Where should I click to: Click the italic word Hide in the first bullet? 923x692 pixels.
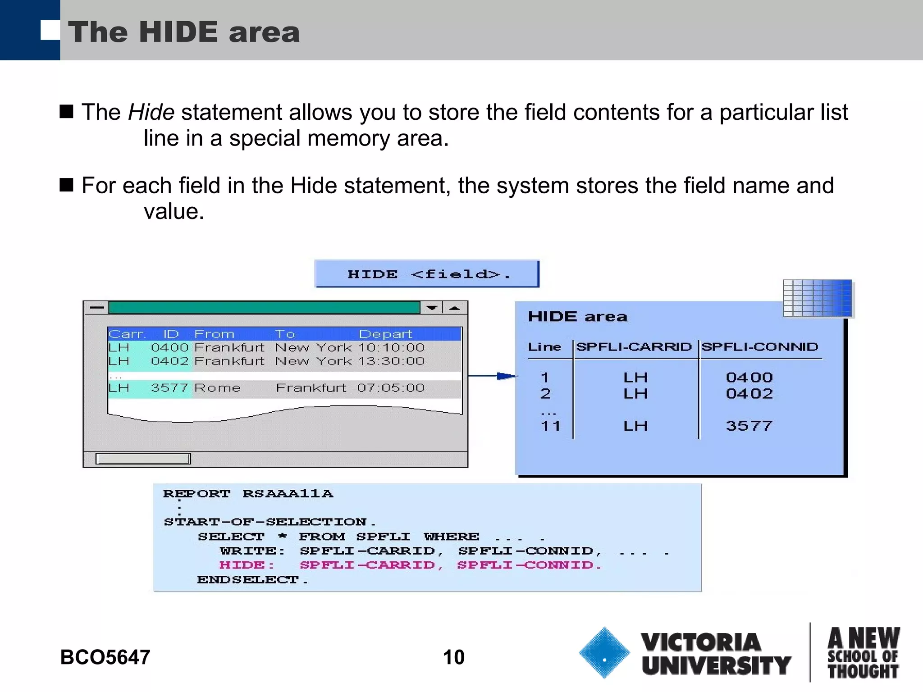coord(151,112)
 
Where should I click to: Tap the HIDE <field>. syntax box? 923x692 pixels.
coord(426,274)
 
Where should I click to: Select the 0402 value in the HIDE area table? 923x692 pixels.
coord(749,393)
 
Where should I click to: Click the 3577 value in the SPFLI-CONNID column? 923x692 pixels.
coord(749,426)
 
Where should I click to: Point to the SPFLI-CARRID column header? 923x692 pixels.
coord(634,346)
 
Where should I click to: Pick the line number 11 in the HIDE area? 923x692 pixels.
coord(550,426)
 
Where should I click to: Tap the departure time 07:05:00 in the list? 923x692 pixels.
coord(390,388)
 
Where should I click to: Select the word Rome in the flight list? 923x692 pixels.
coord(217,388)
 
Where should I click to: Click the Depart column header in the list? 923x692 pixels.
coord(385,334)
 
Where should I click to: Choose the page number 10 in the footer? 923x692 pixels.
coord(453,657)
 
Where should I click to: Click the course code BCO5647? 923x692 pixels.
coord(105,657)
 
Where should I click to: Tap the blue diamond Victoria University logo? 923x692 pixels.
coord(604,652)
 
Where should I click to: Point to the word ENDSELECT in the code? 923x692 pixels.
coord(247,579)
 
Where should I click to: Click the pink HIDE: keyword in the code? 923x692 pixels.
coord(247,565)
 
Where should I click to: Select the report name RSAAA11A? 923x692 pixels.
coord(288,493)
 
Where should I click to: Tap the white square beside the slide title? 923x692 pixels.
coord(50,30)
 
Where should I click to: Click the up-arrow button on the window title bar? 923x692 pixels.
coord(455,308)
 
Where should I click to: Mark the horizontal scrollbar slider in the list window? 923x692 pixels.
coord(143,459)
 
